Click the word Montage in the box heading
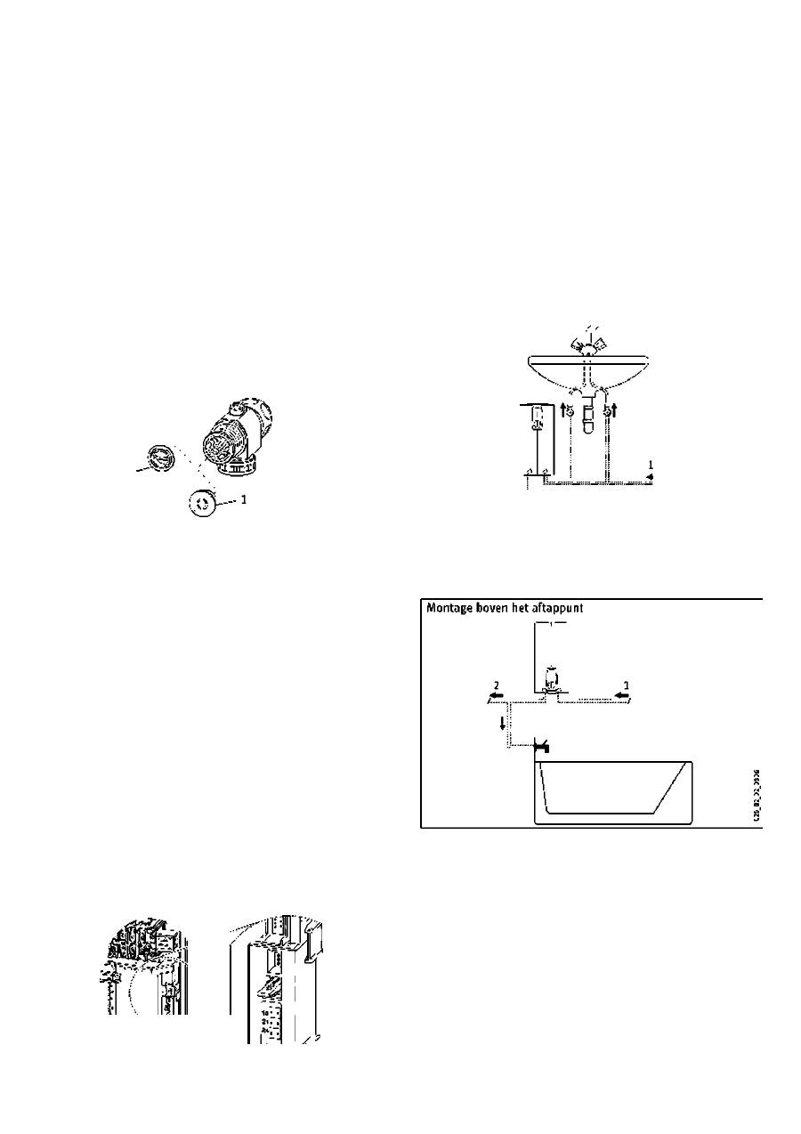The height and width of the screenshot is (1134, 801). (x=452, y=609)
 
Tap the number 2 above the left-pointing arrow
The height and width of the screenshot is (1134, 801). (x=496, y=686)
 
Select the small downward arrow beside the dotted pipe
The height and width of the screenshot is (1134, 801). (x=503, y=720)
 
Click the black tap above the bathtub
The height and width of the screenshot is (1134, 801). (x=540, y=747)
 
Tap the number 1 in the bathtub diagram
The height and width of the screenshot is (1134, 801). (x=626, y=686)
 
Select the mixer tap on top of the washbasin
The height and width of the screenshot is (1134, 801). (x=587, y=343)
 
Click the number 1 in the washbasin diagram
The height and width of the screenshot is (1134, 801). (x=651, y=464)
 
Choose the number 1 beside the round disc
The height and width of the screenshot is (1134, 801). (x=244, y=499)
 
